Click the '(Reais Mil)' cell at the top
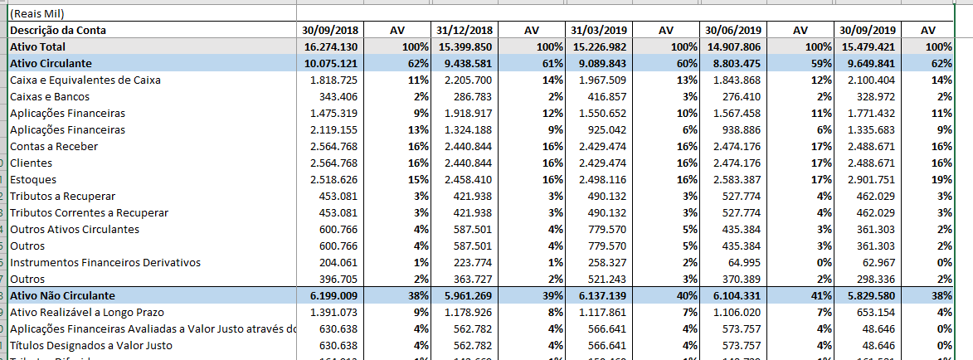[x=36, y=14]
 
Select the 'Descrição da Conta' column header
[x=57, y=31]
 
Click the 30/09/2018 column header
[x=330, y=31]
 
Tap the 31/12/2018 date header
[x=465, y=31]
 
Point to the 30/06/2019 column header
[x=733, y=31]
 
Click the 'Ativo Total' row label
[x=38, y=47]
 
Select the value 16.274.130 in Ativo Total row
[x=331, y=47]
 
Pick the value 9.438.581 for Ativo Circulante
[x=465, y=64]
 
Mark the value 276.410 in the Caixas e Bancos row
[x=738, y=97]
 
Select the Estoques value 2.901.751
[x=868, y=180]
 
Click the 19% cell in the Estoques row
[x=941, y=180]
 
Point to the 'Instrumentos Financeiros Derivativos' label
[x=105, y=263]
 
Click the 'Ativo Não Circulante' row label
[x=62, y=296]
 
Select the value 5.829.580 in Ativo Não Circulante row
[x=868, y=296]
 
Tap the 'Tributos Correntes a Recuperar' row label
[x=89, y=213]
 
